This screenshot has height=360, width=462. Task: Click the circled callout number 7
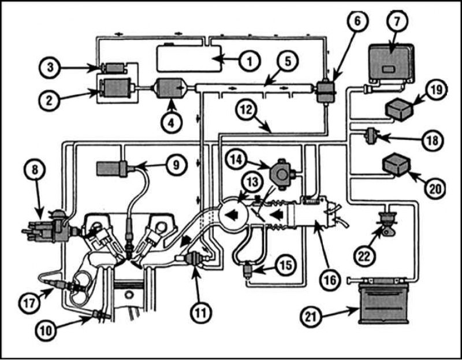(x=397, y=21)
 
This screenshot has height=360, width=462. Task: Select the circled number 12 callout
(x=247, y=110)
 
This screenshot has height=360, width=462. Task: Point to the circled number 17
(x=30, y=303)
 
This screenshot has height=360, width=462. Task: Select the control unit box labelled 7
(x=392, y=64)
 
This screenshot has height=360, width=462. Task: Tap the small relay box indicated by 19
(x=398, y=109)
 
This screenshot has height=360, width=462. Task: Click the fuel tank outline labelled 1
(x=189, y=58)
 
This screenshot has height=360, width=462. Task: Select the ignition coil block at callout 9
(x=112, y=169)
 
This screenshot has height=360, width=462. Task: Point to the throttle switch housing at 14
(x=282, y=174)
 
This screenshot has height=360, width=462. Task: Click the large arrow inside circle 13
(x=232, y=215)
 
